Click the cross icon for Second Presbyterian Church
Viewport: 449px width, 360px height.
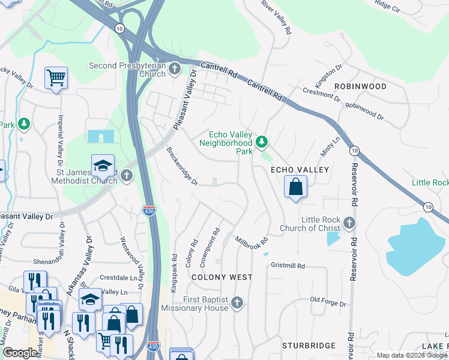pyautogui.click(x=175, y=69)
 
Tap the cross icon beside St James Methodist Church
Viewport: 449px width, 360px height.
pyautogui.click(x=126, y=176)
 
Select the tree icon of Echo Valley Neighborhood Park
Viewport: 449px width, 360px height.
pyautogui.click(x=261, y=142)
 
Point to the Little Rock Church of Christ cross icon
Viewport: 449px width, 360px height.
pyautogui.click(x=350, y=224)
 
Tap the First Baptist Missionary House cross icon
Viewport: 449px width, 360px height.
pyautogui.click(x=238, y=303)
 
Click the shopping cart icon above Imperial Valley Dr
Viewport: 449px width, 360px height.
pyautogui.click(x=56, y=77)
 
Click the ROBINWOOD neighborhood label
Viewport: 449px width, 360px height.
pyautogui.click(x=360, y=86)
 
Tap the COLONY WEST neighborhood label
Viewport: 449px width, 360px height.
pyautogui.click(x=221, y=277)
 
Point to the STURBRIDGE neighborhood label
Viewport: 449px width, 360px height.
pyautogui.click(x=309, y=346)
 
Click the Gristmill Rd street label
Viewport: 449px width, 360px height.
pyautogui.click(x=288, y=266)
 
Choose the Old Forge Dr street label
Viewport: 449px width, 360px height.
pyautogui.click(x=328, y=302)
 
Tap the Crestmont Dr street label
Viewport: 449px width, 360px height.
pyautogui.click(x=322, y=94)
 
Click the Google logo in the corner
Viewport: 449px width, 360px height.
pyautogui.click(x=19, y=353)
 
